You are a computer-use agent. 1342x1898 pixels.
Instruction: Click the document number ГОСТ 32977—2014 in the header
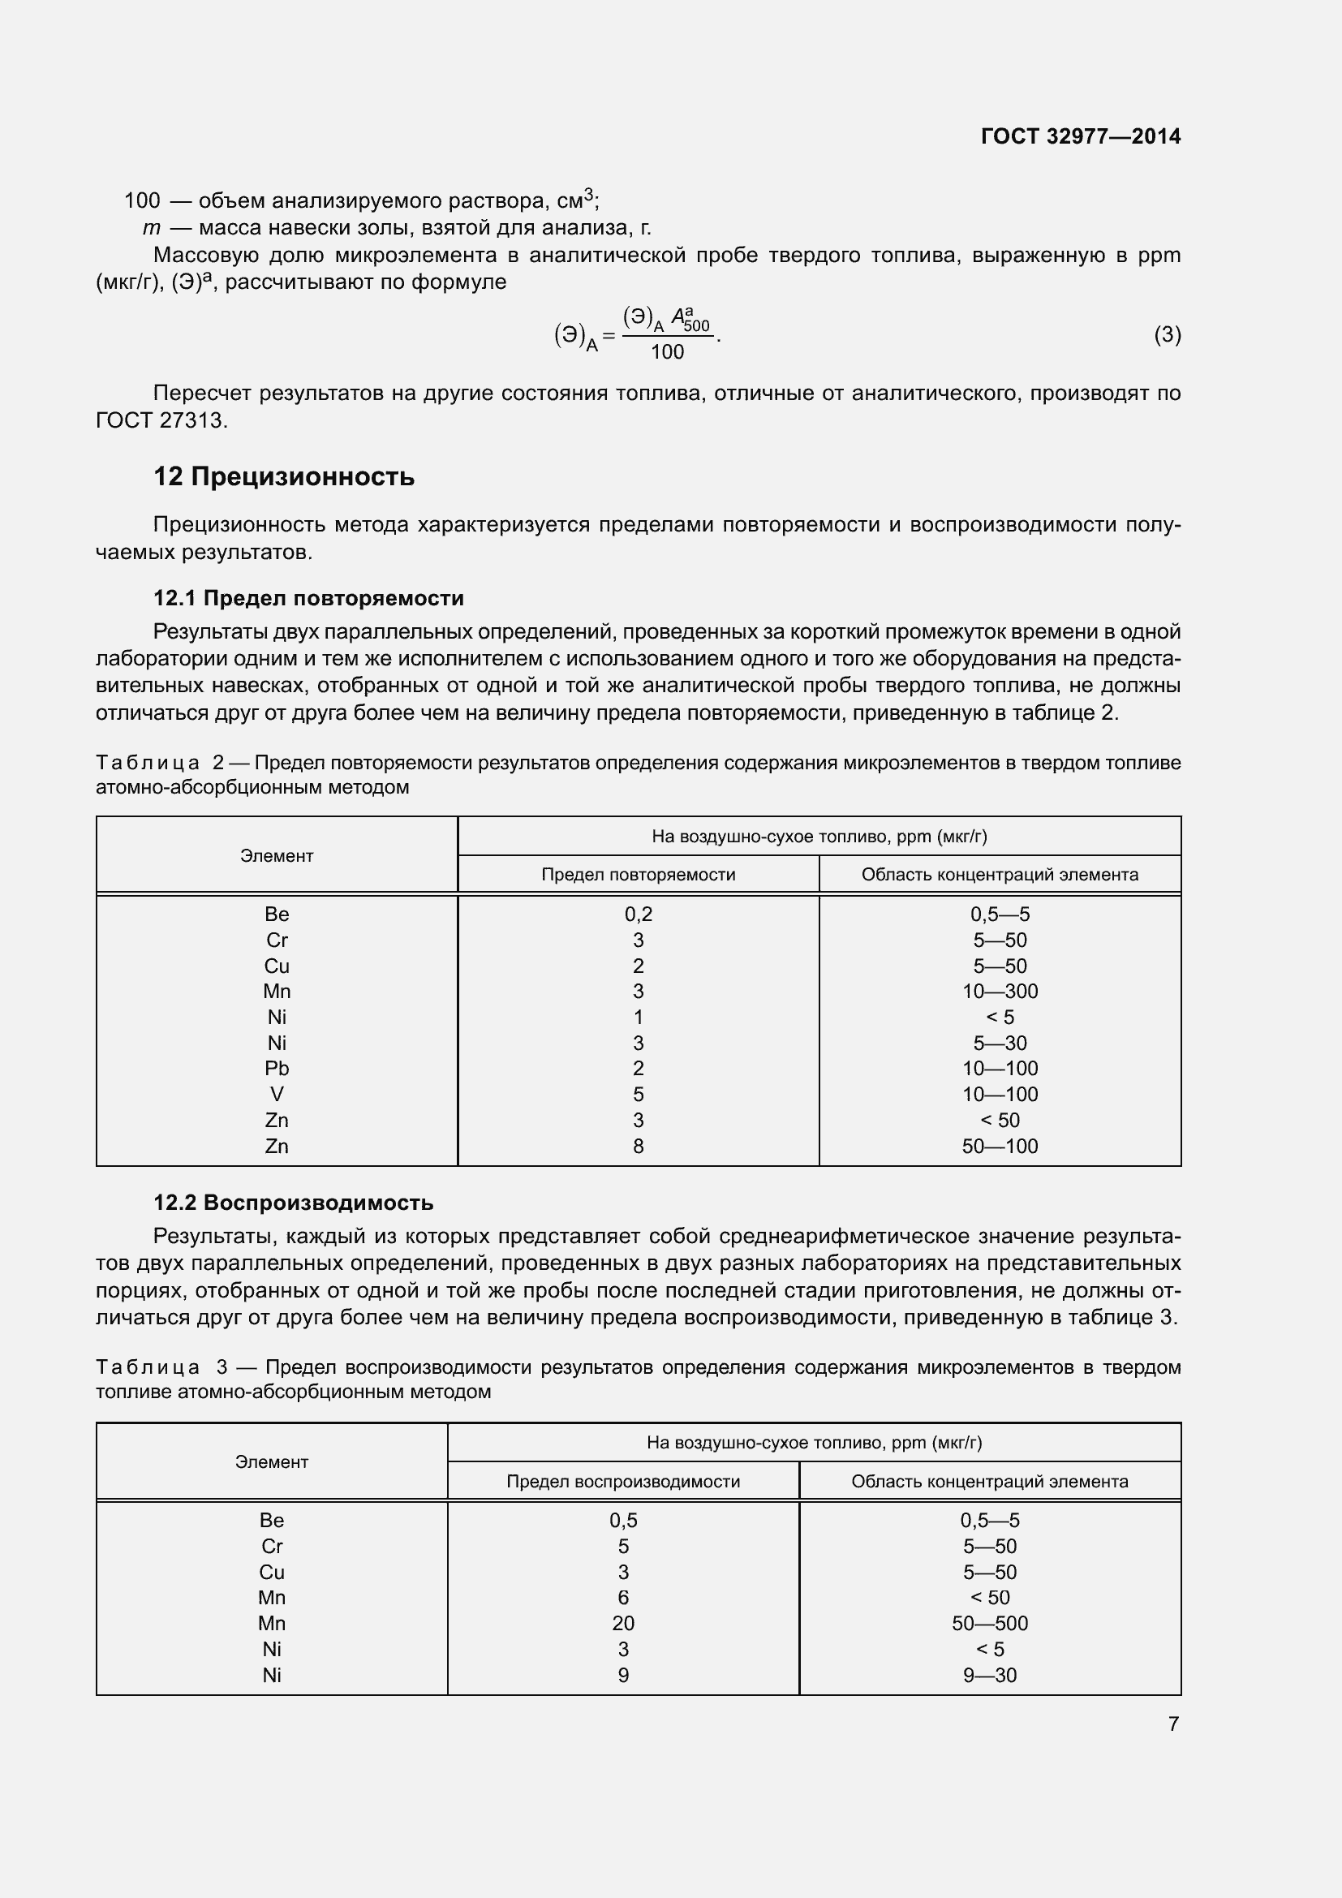[1080, 136]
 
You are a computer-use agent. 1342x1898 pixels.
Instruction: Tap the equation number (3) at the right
[1167, 335]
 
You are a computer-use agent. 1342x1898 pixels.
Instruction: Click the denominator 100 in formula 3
[667, 352]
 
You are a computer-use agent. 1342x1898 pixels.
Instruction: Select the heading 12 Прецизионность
[283, 477]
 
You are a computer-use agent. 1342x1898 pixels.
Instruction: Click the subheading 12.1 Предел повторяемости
[308, 598]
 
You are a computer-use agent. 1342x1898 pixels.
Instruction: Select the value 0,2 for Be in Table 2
[638, 915]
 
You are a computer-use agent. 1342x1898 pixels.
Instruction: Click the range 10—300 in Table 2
[999, 991]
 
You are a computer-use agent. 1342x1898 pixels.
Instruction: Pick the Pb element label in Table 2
[277, 1068]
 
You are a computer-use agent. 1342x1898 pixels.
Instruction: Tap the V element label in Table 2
[277, 1095]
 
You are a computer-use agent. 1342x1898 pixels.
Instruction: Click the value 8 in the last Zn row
[638, 1146]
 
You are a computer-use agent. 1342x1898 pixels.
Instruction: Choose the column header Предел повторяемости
[638, 875]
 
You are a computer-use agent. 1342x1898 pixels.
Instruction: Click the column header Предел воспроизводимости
[623, 1482]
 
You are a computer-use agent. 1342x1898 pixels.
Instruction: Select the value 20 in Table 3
[623, 1623]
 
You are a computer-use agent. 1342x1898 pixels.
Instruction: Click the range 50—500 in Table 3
[989, 1623]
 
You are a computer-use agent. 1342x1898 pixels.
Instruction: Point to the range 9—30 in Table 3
[989, 1675]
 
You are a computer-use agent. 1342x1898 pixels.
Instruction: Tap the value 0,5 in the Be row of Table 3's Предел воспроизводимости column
[623, 1520]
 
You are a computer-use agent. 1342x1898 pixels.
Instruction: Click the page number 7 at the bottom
[1172, 1724]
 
